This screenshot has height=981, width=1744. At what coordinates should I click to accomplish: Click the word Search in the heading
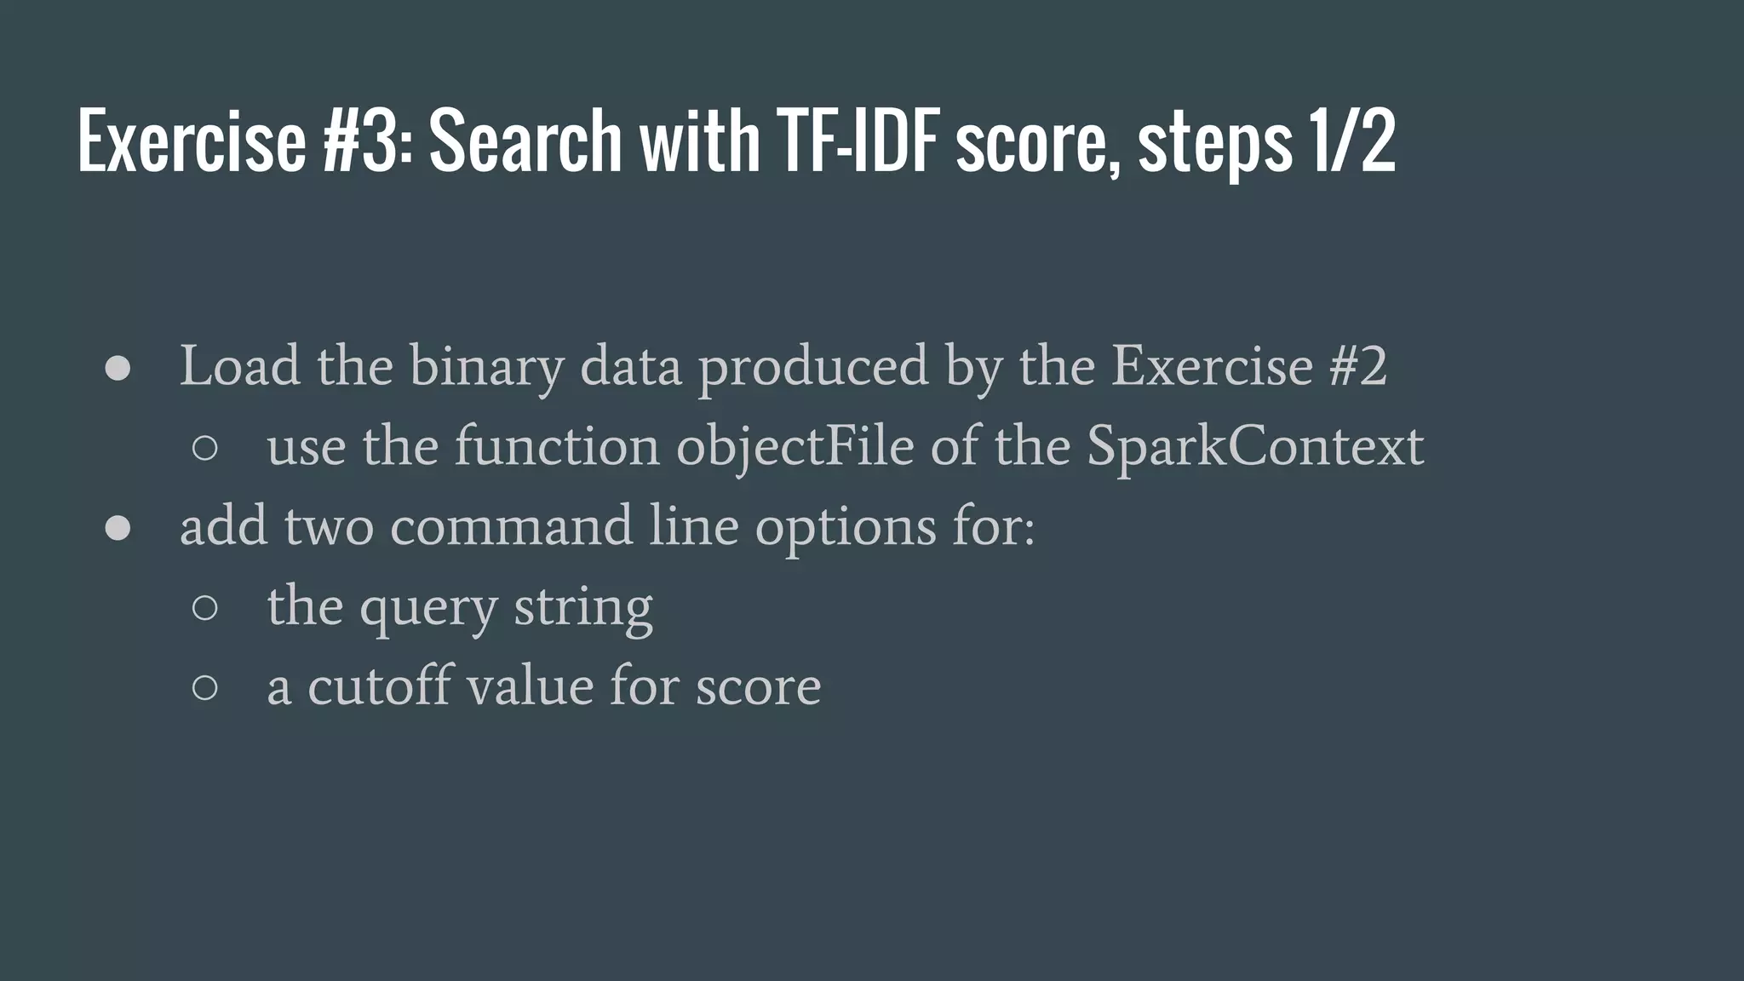(525, 141)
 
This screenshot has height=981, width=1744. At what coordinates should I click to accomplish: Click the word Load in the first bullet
(239, 366)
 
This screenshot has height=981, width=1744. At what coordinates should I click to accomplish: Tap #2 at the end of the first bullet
(1357, 366)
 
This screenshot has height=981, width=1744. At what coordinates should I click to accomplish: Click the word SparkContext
(1254, 446)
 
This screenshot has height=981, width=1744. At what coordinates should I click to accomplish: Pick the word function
(557, 446)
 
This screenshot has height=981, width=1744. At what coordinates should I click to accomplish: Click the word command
(511, 526)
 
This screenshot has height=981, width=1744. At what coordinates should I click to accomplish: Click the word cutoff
(379, 686)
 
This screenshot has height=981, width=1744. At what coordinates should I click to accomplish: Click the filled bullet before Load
(118, 368)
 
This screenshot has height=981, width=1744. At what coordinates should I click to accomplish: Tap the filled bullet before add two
(118, 528)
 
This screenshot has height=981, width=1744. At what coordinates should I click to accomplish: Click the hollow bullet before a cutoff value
(205, 687)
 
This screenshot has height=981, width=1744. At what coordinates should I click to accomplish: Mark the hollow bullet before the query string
(205, 607)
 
